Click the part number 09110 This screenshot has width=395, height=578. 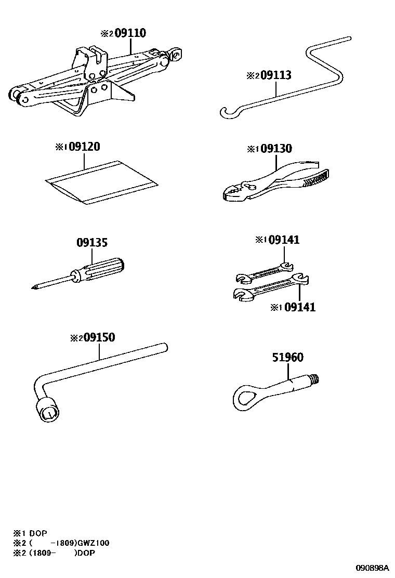click(x=130, y=33)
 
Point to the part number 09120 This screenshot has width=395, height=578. click(x=84, y=148)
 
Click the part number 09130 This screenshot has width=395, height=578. click(x=276, y=149)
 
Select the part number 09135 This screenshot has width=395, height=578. click(x=92, y=243)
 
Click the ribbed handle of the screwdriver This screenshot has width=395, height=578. click(x=104, y=269)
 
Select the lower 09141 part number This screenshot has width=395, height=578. click(x=299, y=307)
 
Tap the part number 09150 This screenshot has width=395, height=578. click(x=100, y=338)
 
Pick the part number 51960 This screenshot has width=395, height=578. click(x=287, y=358)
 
